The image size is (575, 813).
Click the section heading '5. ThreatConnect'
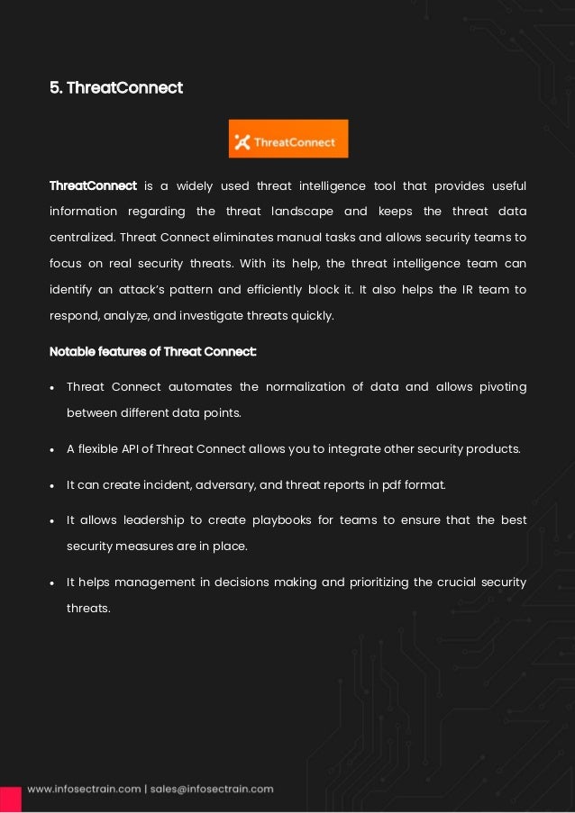[x=115, y=88]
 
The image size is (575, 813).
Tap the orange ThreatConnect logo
[x=288, y=139]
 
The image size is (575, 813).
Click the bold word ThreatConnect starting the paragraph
[x=93, y=186]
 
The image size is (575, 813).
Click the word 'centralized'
[x=81, y=238]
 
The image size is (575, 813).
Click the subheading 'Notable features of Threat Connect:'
[x=152, y=351]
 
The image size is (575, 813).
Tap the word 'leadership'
[x=146, y=520]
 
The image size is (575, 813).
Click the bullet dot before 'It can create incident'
[x=53, y=485]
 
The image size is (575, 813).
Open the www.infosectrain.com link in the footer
[x=83, y=790]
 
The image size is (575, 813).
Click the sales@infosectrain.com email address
[x=212, y=790]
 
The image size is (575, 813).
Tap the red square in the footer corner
[x=10, y=799]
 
